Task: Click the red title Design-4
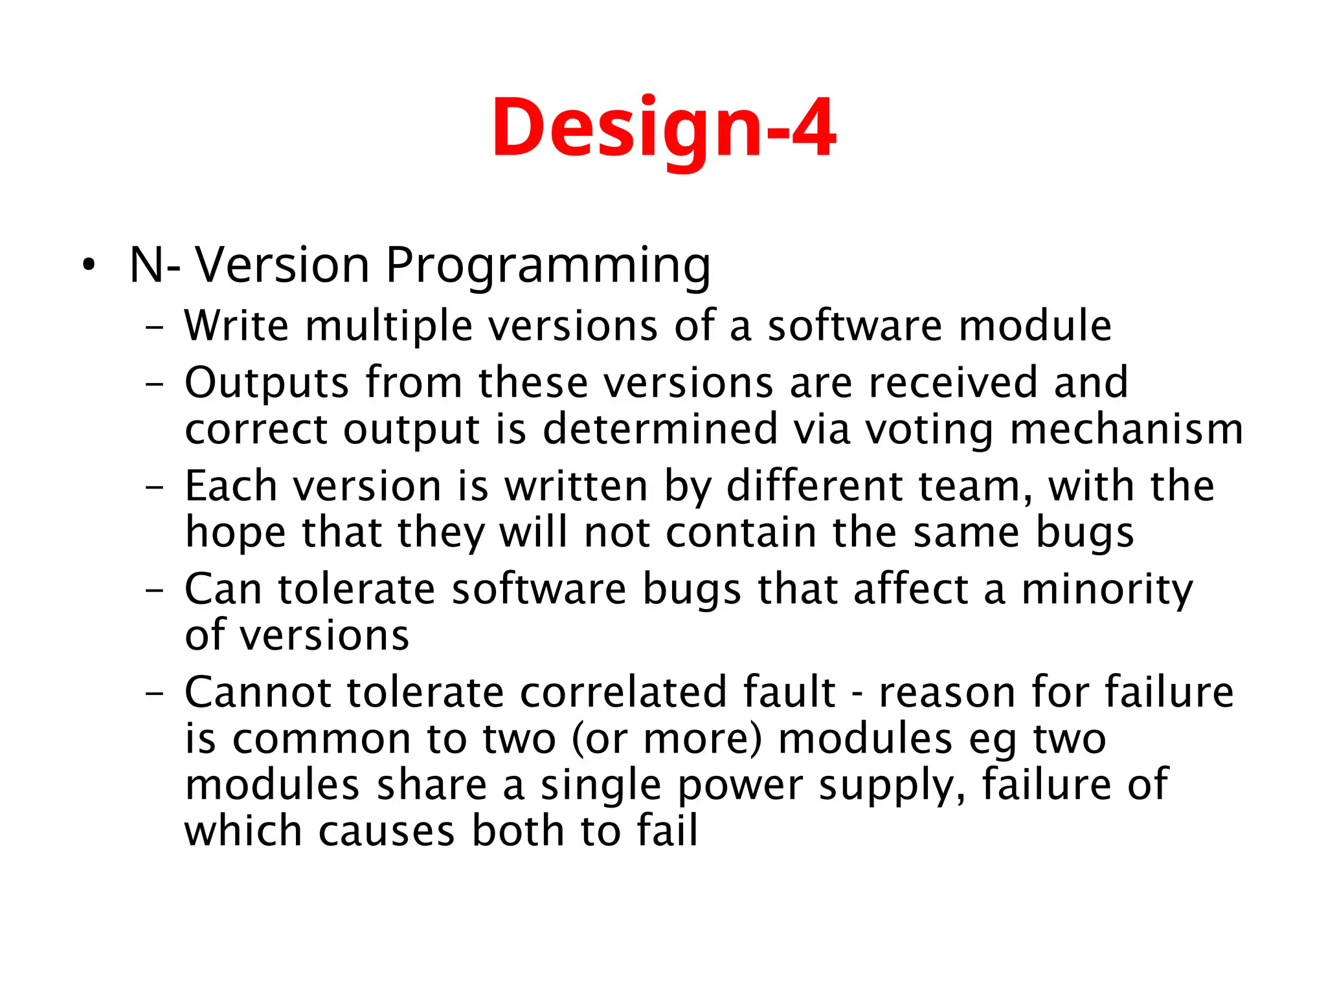tap(663, 127)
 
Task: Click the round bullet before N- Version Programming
tap(89, 265)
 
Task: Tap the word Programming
tap(548, 266)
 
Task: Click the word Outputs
tap(267, 383)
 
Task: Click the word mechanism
tap(1126, 429)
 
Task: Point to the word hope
tap(235, 533)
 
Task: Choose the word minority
tap(1107, 590)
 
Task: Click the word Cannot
tap(258, 692)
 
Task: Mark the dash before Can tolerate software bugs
tap(155, 590)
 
